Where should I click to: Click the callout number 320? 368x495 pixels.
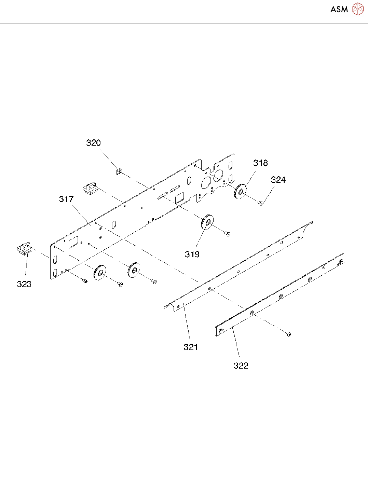[x=93, y=143]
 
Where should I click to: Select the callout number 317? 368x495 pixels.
[x=66, y=199]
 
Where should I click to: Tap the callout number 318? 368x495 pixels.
[x=260, y=163]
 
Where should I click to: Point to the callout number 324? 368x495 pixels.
[x=278, y=180]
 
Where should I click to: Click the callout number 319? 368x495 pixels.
[x=192, y=255]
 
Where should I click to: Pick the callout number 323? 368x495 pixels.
[x=24, y=284]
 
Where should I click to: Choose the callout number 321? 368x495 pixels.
[x=191, y=347]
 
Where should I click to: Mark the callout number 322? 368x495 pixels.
[x=241, y=366]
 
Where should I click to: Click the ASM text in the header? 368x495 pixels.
[x=339, y=10]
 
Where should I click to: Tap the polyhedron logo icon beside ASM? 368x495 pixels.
[x=358, y=9]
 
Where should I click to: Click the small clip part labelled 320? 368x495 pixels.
[x=119, y=170]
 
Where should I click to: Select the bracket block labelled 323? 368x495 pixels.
[x=25, y=248]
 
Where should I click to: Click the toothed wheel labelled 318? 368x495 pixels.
[x=240, y=192]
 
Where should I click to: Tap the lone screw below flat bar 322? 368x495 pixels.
[x=289, y=334]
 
